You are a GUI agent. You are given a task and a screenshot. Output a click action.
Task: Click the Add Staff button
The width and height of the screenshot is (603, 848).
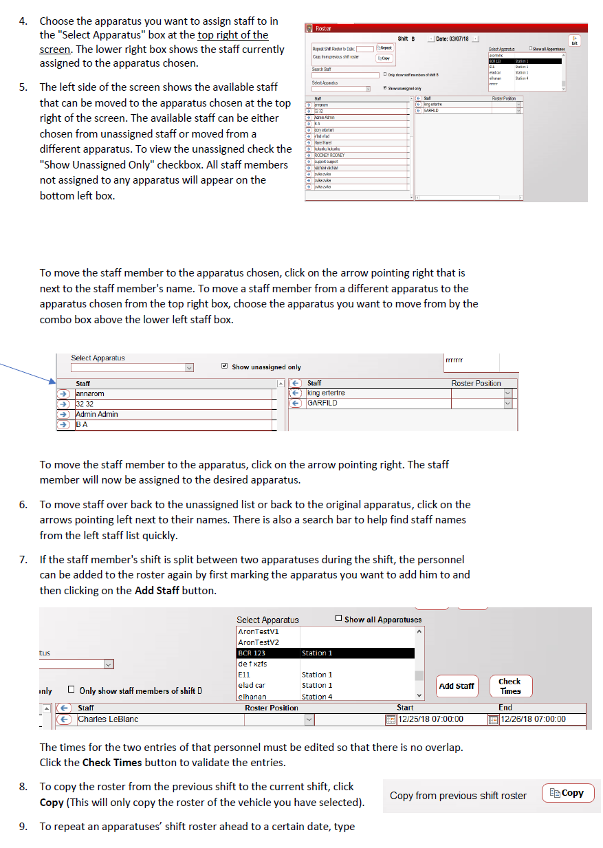pyautogui.click(x=457, y=686)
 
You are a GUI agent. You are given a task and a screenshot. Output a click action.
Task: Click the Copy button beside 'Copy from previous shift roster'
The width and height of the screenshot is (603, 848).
pyautogui.click(x=568, y=793)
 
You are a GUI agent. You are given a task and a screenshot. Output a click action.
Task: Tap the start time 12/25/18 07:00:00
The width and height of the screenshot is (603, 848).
pyautogui.click(x=430, y=719)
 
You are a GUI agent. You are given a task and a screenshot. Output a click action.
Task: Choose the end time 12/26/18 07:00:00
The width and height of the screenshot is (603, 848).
pyautogui.click(x=533, y=719)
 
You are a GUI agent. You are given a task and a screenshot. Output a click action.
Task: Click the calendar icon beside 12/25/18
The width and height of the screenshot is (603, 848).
pyautogui.click(x=391, y=719)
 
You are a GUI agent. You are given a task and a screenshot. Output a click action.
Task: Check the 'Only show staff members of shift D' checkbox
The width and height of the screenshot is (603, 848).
pyautogui.click(x=71, y=690)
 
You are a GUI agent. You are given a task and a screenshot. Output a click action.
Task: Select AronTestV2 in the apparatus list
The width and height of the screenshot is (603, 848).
pyautogui.click(x=259, y=642)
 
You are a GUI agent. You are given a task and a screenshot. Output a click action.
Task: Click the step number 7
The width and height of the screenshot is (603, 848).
pyautogui.click(x=23, y=560)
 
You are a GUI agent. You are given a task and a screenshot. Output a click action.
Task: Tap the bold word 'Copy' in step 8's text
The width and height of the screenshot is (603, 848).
pyautogui.click(x=52, y=803)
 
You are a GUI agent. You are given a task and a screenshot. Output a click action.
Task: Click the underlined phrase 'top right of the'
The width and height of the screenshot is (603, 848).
pyautogui.click(x=233, y=35)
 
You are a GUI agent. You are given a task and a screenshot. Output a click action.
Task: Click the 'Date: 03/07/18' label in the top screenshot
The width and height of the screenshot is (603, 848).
pyautogui.click(x=452, y=39)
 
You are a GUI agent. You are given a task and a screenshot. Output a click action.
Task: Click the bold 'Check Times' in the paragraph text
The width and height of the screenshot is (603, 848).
pyautogui.click(x=111, y=763)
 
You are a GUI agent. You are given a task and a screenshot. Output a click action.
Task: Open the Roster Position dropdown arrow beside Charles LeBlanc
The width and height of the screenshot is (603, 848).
pyautogui.click(x=309, y=719)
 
